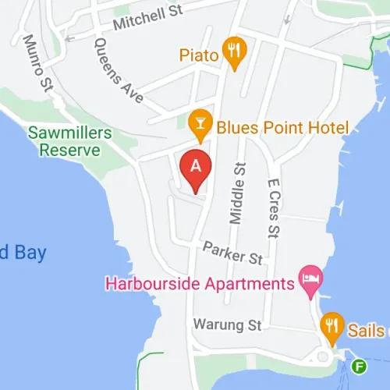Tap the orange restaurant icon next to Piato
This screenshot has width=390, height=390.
(x=232, y=51)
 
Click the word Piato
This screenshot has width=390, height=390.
(x=197, y=54)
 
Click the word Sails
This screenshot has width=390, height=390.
(x=367, y=330)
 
